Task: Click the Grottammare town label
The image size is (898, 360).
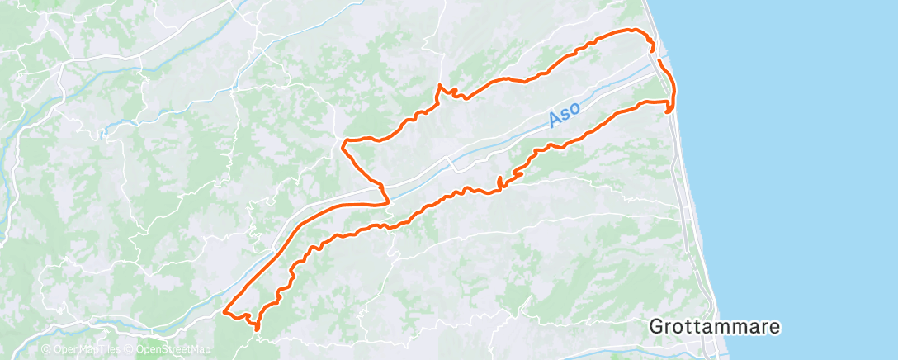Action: pos(715,326)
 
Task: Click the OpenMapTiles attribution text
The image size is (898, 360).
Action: pos(86,349)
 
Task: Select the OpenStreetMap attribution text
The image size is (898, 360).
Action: pos(172,349)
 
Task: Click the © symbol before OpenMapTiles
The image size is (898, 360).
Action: pos(46,349)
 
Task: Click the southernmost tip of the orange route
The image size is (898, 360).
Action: pos(258,329)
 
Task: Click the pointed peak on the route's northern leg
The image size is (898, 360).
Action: pos(440,85)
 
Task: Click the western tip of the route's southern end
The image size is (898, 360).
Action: pos(224,311)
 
